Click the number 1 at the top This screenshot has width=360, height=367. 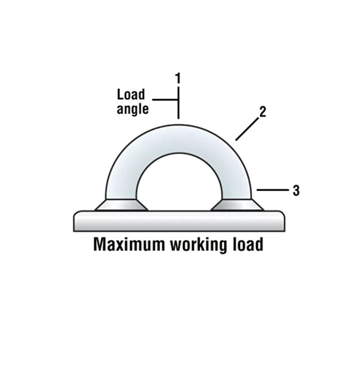click(x=178, y=79)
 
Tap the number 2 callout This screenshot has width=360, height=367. click(x=262, y=112)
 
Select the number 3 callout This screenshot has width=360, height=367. click(x=296, y=191)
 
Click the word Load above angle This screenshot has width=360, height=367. click(x=131, y=95)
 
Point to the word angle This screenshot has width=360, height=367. click(x=133, y=109)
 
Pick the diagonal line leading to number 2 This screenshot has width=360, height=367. click(x=246, y=129)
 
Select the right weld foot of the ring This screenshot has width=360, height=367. click(x=237, y=205)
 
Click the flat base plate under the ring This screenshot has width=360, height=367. click(x=179, y=221)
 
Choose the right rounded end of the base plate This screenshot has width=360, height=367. click(x=281, y=221)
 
